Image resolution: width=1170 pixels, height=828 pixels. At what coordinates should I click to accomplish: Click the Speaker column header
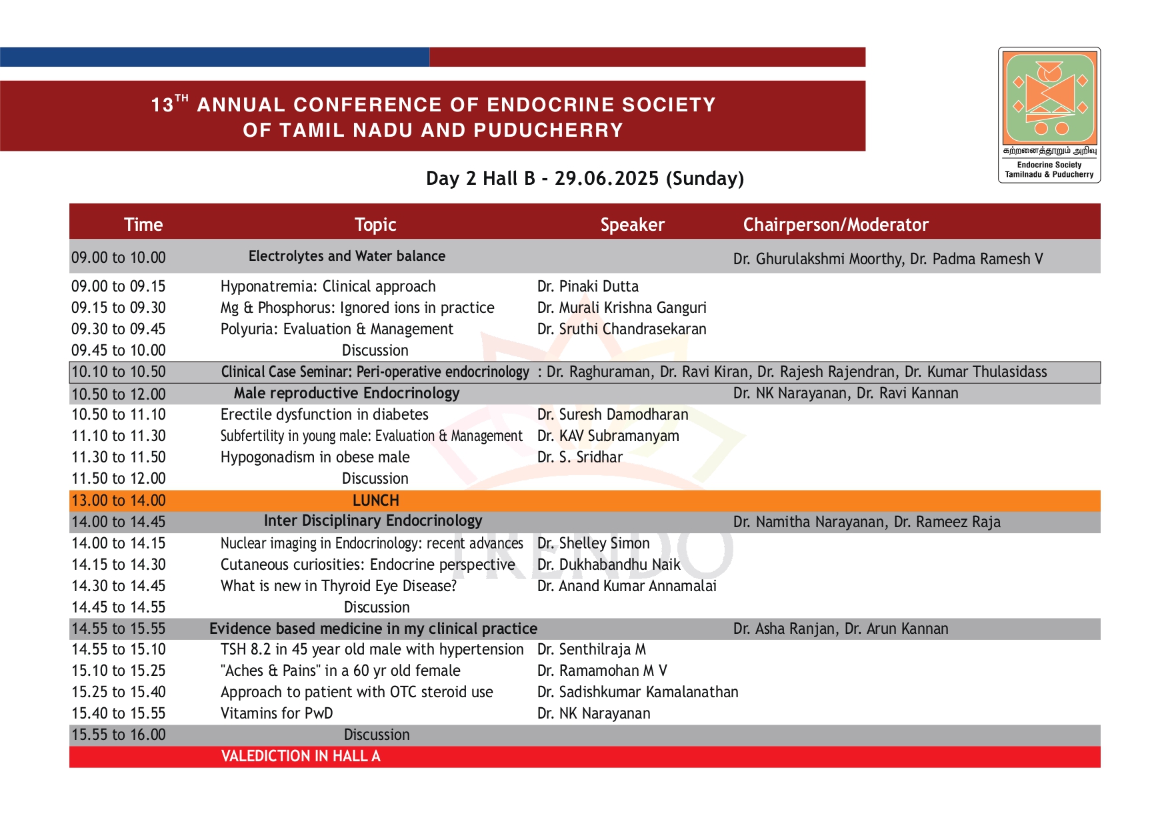click(632, 225)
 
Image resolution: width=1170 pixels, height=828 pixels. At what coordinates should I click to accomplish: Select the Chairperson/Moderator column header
click(835, 225)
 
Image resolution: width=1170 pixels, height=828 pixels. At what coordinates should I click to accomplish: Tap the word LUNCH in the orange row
click(376, 500)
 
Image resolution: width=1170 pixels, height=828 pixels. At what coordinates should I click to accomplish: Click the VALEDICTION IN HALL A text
click(301, 756)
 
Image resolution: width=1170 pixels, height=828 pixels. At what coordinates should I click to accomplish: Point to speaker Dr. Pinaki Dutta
click(587, 286)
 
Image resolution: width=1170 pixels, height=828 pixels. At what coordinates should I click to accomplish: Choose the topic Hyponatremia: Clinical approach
click(328, 286)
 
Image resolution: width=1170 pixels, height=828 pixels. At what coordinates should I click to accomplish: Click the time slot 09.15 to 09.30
click(119, 308)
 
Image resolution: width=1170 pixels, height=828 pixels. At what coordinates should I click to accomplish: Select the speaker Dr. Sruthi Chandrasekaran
click(621, 329)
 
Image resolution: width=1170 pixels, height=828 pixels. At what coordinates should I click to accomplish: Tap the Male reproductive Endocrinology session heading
click(347, 393)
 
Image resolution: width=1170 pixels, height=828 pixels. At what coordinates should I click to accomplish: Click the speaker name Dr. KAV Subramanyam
click(608, 436)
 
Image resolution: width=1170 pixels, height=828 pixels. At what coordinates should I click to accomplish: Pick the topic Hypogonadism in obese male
click(315, 457)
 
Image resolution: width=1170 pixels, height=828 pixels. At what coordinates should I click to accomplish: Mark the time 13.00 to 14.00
click(119, 500)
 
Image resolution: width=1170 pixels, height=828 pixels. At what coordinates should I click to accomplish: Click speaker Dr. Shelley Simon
click(593, 543)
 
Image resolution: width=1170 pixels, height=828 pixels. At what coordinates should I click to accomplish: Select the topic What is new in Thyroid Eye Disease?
click(339, 586)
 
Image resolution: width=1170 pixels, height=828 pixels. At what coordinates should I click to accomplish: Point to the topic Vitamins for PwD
click(277, 713)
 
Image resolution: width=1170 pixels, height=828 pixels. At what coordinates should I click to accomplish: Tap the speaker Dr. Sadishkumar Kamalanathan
click(637, 692)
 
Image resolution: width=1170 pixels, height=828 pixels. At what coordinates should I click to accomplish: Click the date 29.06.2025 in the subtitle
click(606, 178)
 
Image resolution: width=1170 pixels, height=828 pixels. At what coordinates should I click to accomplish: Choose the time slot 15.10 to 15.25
click(119, 671)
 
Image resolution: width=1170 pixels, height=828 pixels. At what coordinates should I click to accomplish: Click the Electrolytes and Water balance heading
click(347, 256)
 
